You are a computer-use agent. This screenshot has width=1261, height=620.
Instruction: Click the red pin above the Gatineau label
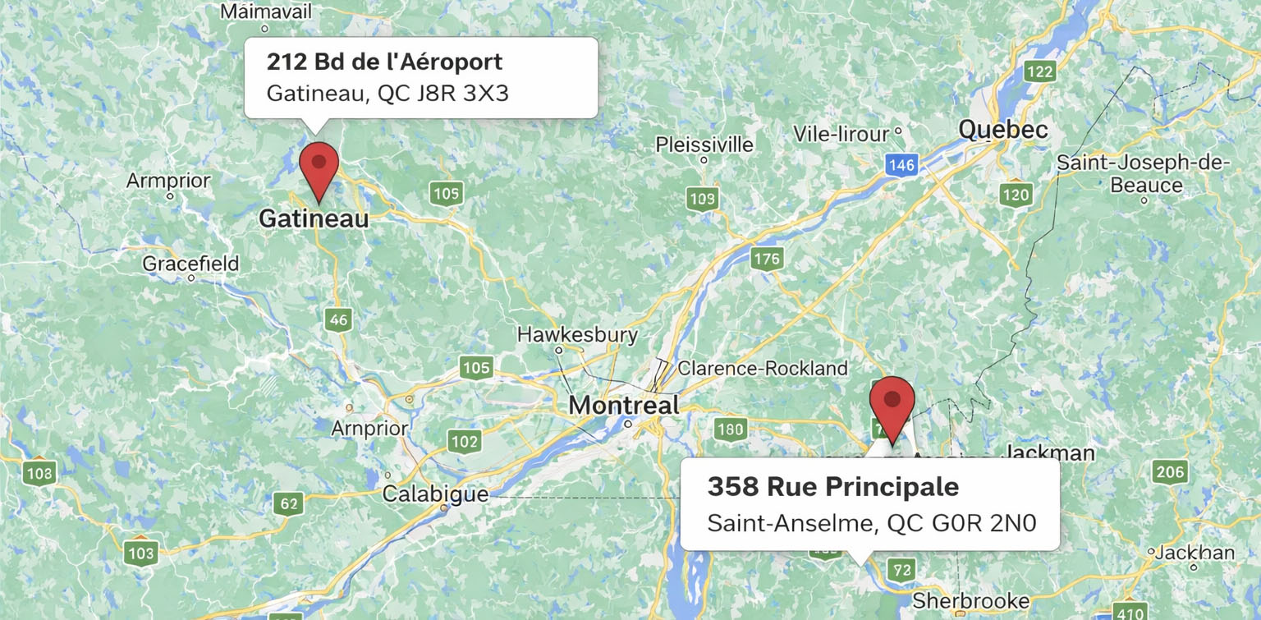(319, 164)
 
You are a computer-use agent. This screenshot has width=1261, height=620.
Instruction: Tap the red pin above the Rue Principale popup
(892, 402)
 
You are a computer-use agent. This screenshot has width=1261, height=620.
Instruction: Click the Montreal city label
(624, 405)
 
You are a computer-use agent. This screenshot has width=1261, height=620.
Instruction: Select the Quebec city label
(1003, 130)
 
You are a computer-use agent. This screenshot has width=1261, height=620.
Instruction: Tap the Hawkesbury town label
(577, 334)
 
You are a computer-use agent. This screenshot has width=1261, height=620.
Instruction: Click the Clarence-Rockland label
(762, 369)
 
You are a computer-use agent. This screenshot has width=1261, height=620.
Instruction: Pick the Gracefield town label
(190, 264)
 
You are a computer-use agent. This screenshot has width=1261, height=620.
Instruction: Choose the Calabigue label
(435, 494)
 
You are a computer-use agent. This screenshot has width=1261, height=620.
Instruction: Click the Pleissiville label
(704, 145)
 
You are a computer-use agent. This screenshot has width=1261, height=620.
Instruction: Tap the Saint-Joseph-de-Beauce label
(1143, 173)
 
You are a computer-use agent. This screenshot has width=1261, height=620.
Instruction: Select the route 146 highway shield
(901, 165)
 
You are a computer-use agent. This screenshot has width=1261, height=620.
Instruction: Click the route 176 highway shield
(766, 259)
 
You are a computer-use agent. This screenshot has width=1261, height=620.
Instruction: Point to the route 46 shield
(337, 319)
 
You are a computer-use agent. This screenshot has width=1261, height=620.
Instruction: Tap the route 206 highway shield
(1169, 471)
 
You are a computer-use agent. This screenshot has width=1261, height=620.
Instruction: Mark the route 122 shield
(1039, 71)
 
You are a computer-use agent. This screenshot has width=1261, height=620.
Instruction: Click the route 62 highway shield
(287, 503)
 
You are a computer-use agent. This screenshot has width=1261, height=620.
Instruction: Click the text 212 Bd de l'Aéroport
(384, 62)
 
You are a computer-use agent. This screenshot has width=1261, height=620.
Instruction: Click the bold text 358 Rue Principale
(832, 486)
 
